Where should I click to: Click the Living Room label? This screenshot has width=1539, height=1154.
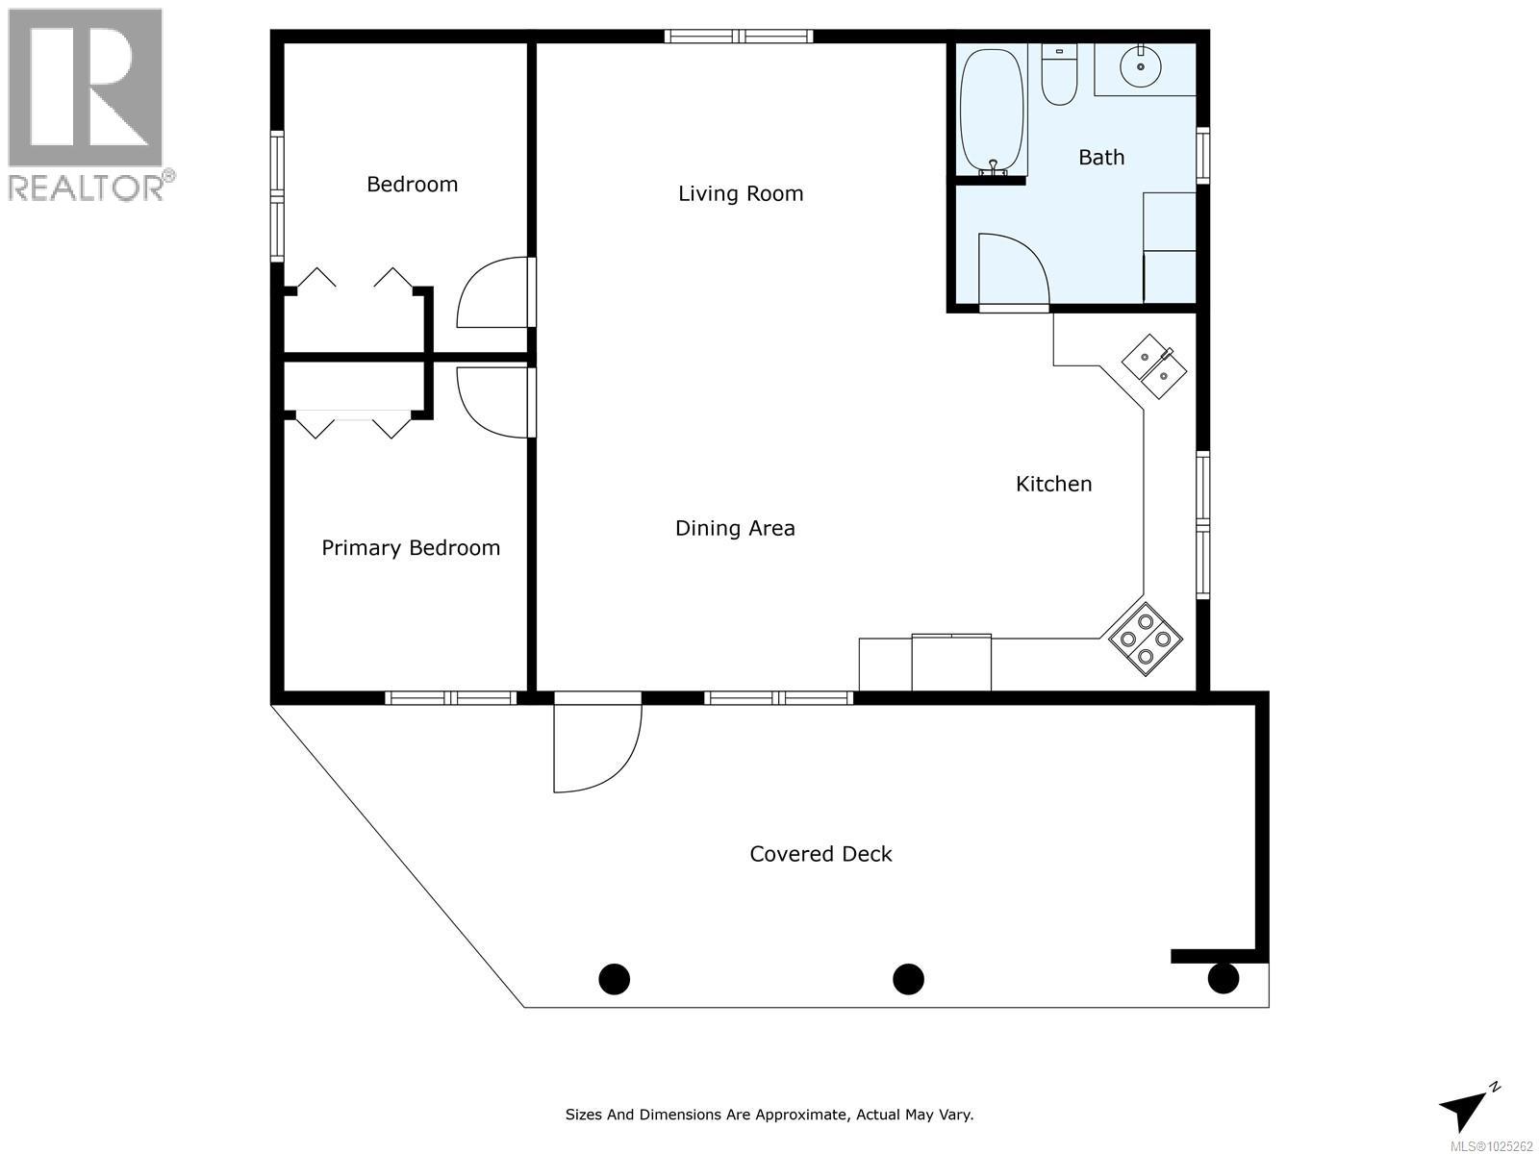point(741,193)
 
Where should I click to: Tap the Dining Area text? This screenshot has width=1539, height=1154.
point(735,528)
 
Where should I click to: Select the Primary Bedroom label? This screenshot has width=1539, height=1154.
point(411,548)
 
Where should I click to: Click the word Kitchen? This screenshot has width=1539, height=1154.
point(1053,484)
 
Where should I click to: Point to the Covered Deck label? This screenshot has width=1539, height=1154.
point(820,854)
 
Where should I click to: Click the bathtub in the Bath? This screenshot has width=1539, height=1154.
point(993,113)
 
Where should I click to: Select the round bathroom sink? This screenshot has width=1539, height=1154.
point(1141,65)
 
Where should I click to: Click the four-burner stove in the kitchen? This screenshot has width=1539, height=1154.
point(1145,639)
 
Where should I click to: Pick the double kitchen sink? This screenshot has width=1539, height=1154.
point(1154,366)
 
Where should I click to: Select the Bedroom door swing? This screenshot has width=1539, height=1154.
point(492,292)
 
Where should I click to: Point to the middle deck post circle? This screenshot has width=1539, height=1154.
point(908,979)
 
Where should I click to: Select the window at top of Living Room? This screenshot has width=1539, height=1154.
point(739,37)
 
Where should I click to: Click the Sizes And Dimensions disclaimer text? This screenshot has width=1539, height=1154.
point(769,1115)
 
